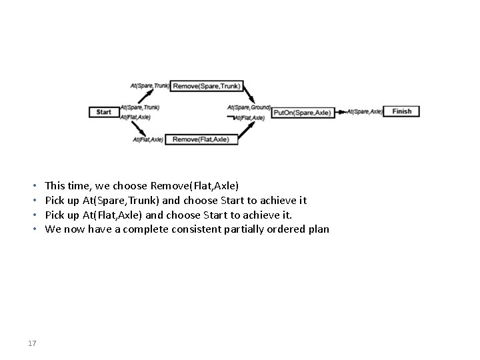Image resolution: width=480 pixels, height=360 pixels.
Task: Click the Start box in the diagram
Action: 104,112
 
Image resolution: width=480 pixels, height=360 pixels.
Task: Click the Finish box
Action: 402,111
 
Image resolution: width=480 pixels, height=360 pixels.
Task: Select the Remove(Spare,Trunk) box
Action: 206,85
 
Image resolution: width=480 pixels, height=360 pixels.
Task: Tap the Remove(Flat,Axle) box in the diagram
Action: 201,139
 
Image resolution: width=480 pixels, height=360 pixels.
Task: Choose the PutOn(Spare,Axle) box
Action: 301,113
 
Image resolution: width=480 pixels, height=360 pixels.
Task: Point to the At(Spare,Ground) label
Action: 249,107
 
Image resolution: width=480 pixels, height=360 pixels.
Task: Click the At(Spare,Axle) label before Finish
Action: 365,111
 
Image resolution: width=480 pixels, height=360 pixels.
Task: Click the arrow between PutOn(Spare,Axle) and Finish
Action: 340,112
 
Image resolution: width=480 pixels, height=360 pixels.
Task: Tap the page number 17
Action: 32,343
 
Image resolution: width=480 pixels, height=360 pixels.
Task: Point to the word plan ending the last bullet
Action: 319,229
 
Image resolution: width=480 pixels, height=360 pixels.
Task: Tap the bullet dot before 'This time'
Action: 33,185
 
